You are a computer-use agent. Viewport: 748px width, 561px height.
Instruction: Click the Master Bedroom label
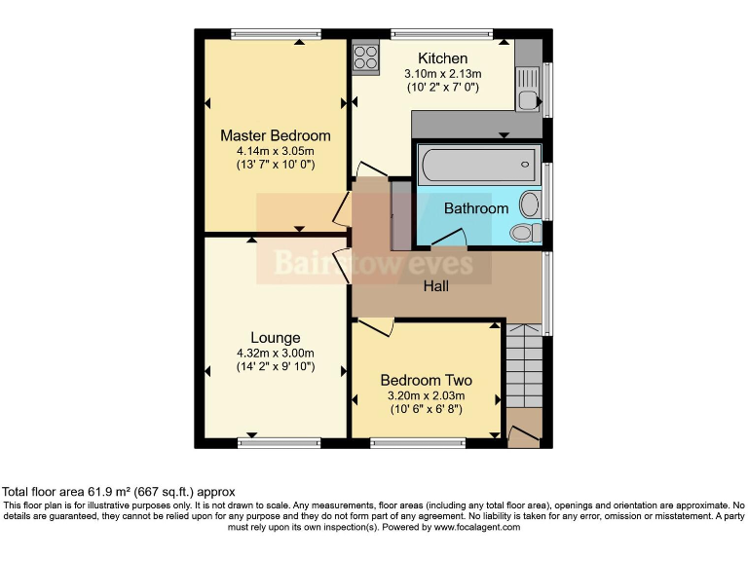275,135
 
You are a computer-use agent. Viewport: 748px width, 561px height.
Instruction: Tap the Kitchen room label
442,58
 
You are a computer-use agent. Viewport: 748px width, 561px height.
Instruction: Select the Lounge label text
275,338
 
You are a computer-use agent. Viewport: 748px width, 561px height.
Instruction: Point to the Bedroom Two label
426,380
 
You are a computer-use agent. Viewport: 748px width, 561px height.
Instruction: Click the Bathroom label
476,208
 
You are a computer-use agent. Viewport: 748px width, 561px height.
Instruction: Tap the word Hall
435,286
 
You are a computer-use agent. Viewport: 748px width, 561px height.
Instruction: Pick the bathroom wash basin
530,204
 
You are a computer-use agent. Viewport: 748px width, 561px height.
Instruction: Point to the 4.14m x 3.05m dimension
275,151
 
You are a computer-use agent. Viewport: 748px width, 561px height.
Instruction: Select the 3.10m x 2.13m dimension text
442,73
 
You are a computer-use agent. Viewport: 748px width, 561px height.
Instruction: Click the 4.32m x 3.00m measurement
275,353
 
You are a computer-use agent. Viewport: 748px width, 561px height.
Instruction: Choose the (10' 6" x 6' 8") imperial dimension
426,410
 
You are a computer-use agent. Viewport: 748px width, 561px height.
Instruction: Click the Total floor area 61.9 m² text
119,492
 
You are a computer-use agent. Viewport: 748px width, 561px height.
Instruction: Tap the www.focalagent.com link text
471,527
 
